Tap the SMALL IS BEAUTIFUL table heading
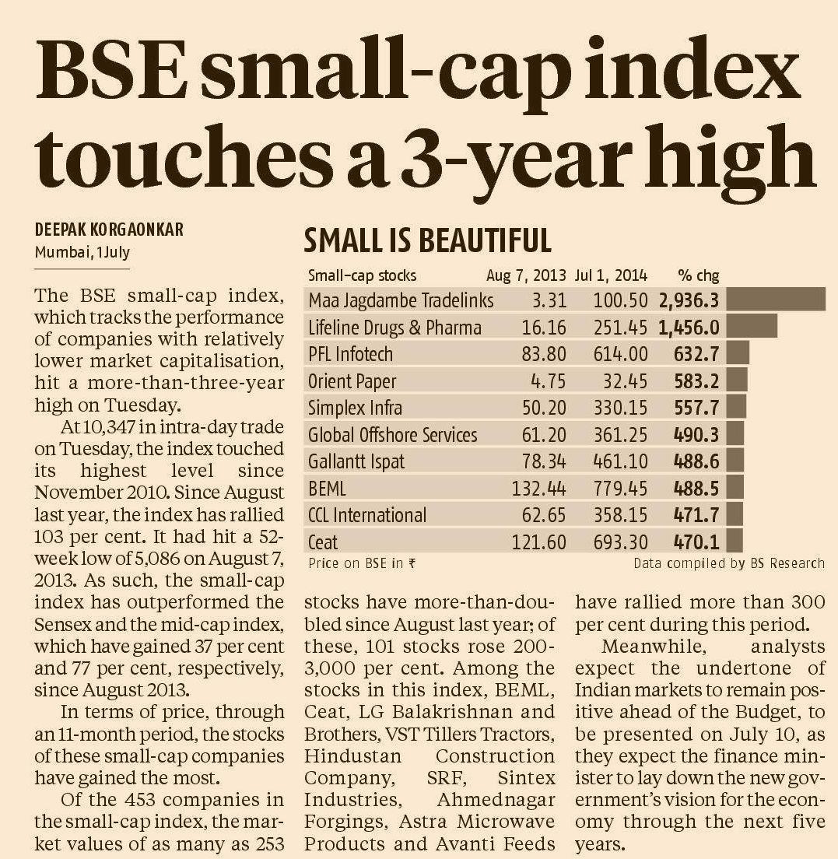[x=427, y=240]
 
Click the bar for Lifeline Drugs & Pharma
[x=753, y=326]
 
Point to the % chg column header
[x=698, y=275]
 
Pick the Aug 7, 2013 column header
[x=527, y=275]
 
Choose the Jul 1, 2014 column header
[x=612, y=275]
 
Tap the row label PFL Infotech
[x=350, y=355]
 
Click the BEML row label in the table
[x=327, y=489]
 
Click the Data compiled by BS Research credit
[x=728, y=563]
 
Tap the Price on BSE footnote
[x=361, y=563]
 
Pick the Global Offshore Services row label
[x=392, y=435]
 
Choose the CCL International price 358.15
[x=620, y=515]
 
